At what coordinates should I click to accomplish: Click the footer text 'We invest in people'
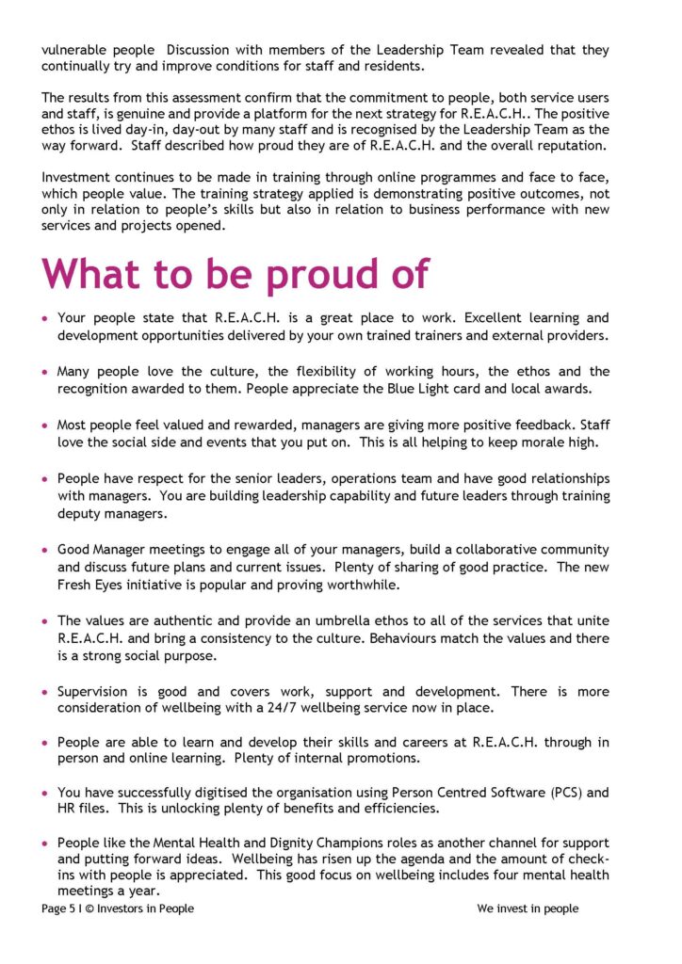point(528,908)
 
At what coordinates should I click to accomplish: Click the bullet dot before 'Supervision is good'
point(45,692)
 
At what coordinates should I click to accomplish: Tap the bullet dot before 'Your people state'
point(45,319)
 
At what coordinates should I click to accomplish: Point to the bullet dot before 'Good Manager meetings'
point(45,550)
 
